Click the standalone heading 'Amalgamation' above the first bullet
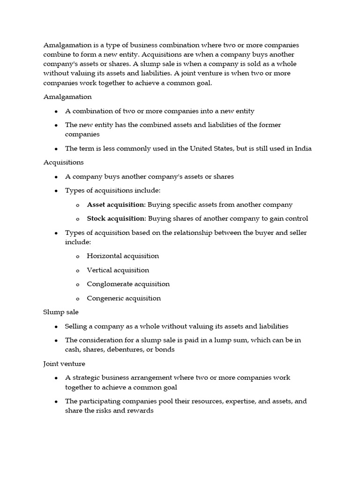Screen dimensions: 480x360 (67, 97)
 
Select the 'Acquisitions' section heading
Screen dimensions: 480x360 (63, 162)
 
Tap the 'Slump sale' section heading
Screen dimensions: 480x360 (61, 312)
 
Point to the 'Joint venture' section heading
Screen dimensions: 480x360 (64, 363)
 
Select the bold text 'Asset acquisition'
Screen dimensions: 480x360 (115, 205)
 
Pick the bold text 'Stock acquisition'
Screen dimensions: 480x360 (115, 218)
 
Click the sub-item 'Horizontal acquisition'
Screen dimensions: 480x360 (123, 256)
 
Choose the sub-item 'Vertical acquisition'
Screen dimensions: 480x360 (118, 270)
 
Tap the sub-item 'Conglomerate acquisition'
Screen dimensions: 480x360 (128, 284)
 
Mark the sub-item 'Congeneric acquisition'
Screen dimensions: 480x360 (124, 298)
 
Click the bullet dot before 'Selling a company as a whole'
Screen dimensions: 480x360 (56, 327)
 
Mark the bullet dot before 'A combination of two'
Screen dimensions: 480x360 (56, 112)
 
